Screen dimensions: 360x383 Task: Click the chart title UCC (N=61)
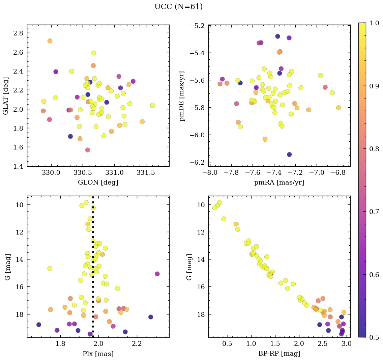click(x=178, y=7)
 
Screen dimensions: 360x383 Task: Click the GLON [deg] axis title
click(x=98, y=183)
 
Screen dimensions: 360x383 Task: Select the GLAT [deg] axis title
click(x=6, y=95)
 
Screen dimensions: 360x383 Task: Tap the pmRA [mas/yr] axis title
click(x=279, y=183)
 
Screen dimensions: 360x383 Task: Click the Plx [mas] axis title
click(x=98, y=354)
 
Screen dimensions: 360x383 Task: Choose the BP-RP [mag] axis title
click(x=279, y=354)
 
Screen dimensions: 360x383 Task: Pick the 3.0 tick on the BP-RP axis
click(x=347, y=344)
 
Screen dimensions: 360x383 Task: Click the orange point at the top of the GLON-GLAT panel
click(x=50, y=41)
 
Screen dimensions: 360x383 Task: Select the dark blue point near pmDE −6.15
click(x=289, y=155)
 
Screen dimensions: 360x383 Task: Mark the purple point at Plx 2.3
click(x=157, y=274)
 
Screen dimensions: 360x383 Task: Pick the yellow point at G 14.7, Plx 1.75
click(x=50, y=268)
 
